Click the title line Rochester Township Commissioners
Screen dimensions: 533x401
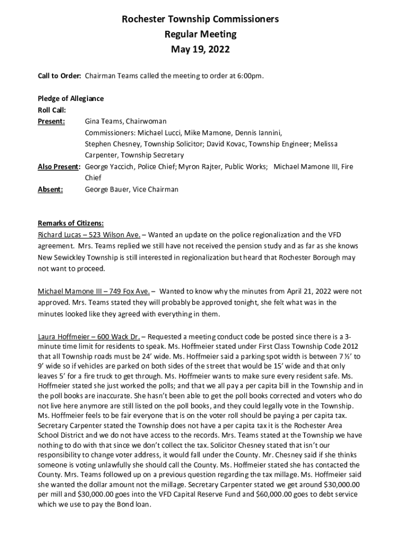200,19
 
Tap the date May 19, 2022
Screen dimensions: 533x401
200,50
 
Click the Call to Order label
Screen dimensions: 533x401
59,76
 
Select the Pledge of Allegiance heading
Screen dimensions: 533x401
71,98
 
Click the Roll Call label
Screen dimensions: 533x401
52,110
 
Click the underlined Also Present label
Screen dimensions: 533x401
59,167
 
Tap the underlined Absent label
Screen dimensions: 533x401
51,189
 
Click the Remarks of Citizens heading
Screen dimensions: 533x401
71,223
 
